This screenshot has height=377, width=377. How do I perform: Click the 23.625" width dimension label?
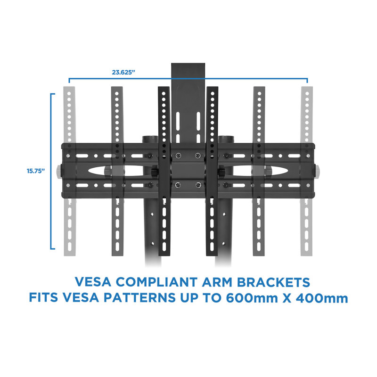[x=123, y=72]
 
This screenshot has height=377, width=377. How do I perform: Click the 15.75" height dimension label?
[x=36, y=171]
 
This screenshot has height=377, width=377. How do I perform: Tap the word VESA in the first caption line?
[x=93, y=282]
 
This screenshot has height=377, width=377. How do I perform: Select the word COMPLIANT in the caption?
[x=157, y=282]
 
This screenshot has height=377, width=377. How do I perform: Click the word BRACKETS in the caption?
[x=273, y=282]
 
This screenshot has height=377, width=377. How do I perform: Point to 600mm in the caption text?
[x=252, y=298]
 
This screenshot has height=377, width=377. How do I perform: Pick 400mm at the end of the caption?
[x=322, y=298]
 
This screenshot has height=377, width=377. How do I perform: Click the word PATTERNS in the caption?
[x=139, y=298]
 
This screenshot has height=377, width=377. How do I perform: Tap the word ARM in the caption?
[x=217, y=282]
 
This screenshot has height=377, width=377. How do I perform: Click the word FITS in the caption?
[x=43, y=298]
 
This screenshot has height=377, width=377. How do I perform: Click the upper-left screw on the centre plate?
[x=178, y=156]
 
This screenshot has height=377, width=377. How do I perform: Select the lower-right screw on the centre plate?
[x=198, y=185]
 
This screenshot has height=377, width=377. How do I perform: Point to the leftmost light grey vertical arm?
[x=69, y=171]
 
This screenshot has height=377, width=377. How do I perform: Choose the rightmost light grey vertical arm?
[x=307, y=171]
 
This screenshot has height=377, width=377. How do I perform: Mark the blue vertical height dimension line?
[x=51, y=171]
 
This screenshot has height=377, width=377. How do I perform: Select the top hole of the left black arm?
[x=164, y=93]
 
